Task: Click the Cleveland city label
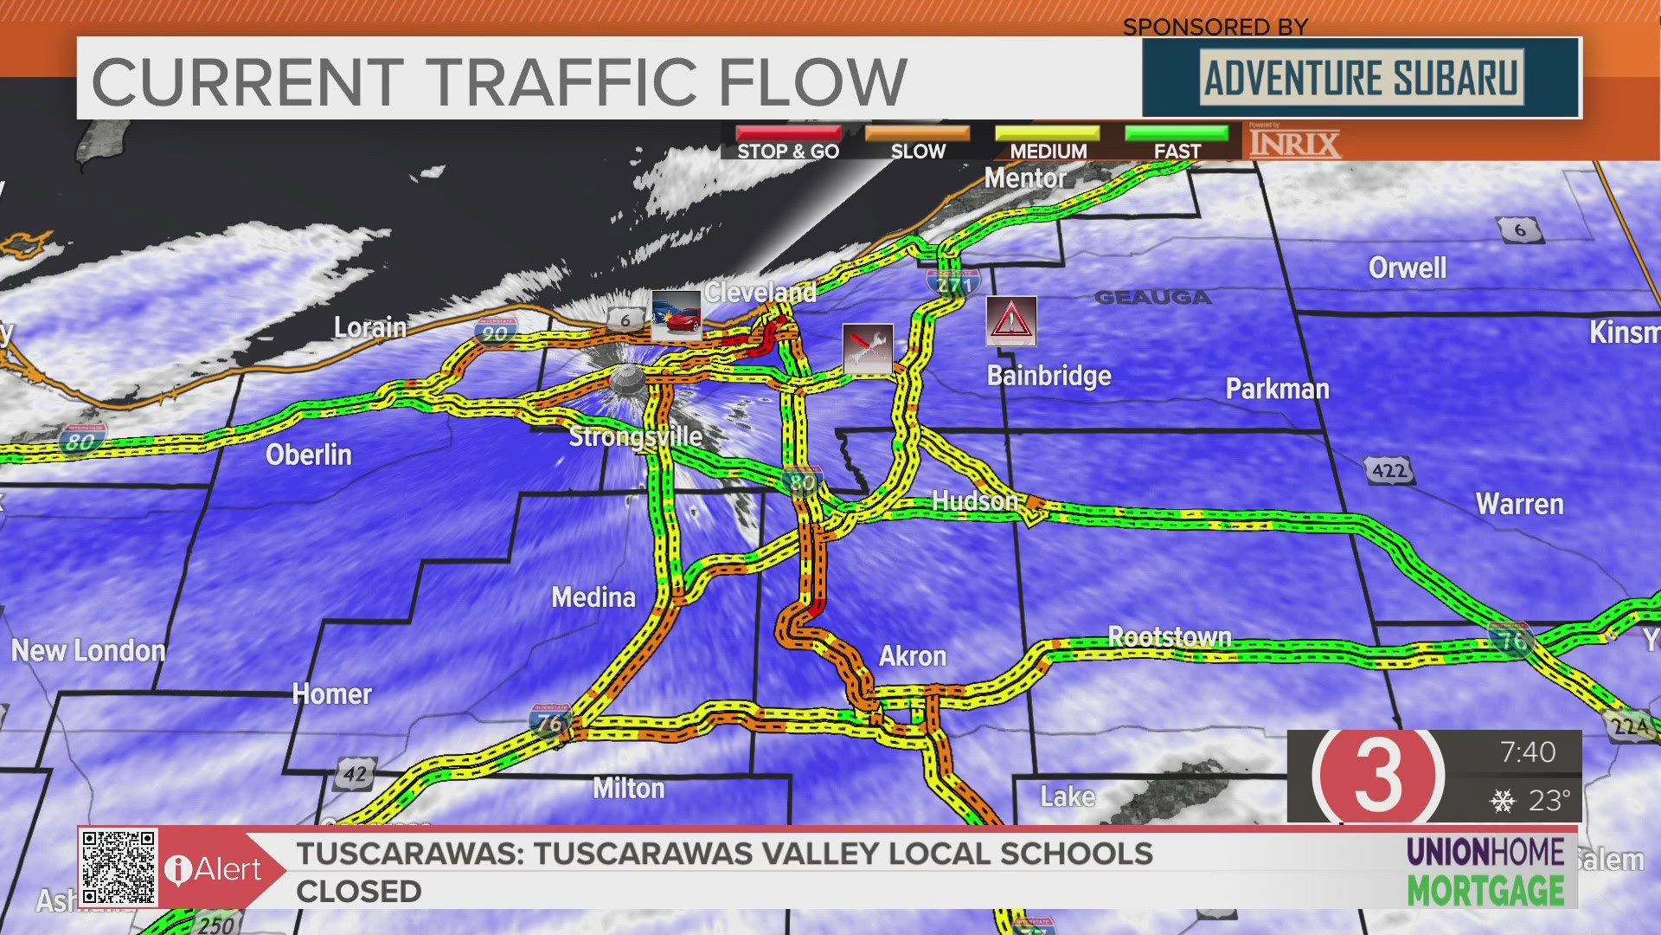pyautogui.click(x=760, y=293)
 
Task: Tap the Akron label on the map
pyautogui.click(x=912, y=656)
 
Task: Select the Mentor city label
pyautogui.click(x=1025, y=178)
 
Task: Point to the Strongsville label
pyautogui.click(x=636, y=436)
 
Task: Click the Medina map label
pyautogui.click(x=593, y=597)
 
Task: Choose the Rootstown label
pyautogui.click(x=1170, y=637)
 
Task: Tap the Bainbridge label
pyautogui.click(x=1049, y=376)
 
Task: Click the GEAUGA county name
pyautogui.click(x=1152, y=298)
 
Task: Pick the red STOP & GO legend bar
pyautogui.click(x=788, y=133)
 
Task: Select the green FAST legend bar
pyautogui.click(x=1177, y=133)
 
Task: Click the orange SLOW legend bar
pyautogui.click(x=918, y=133)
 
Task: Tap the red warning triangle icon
pyautogui.click(x=1011, y=321)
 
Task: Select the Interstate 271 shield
pyautogui.click(x=953, y=283)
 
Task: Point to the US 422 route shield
pyautogui.click(x=1388, y=471)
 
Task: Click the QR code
pyautogui.click(x=119, y=867)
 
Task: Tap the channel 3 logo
pyautogui.click(x=1377, y=776)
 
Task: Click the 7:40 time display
pyautogui.click(x=1528, y=751)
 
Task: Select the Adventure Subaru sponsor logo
pyautogui.click(x=1362, y=78)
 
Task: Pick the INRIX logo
pyautogui.click(x=1294, y=143)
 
